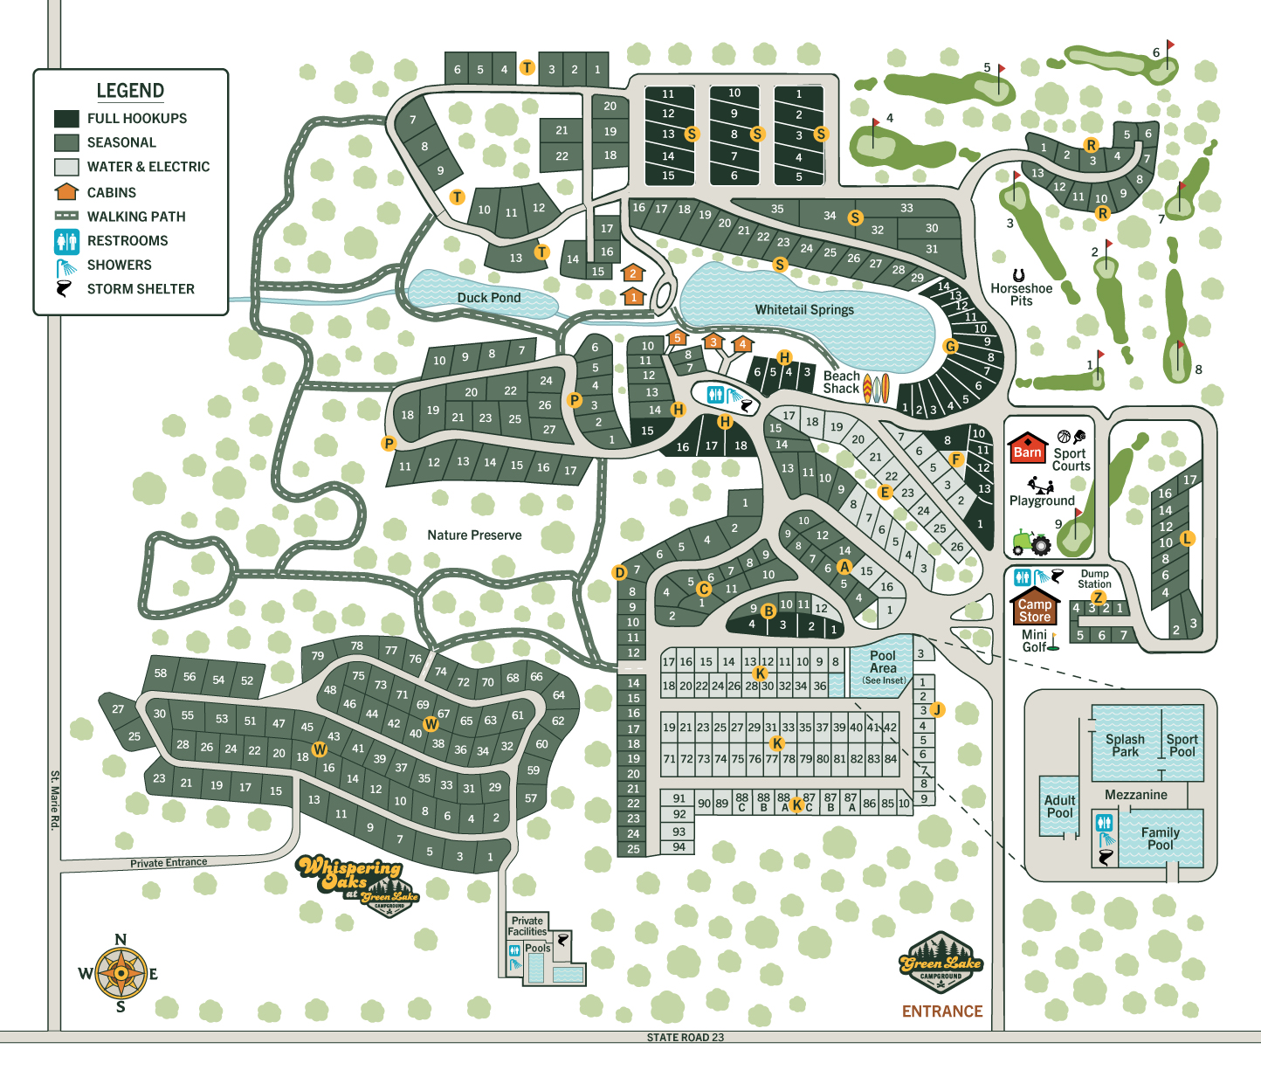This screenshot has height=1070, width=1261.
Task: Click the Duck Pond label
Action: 488,298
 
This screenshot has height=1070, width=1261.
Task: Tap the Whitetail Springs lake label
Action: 804,310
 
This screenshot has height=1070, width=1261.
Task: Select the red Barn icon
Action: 1027,447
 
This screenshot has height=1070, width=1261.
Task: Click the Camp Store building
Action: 1034,608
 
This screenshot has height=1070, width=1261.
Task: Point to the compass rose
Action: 121,973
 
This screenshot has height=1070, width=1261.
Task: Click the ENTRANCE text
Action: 941,1011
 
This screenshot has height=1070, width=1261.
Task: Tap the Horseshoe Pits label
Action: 1021,293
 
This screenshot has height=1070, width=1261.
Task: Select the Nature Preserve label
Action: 474,535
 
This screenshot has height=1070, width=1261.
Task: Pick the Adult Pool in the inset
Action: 1059,807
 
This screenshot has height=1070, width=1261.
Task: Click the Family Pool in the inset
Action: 1160,839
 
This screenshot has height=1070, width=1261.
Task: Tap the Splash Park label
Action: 1125,745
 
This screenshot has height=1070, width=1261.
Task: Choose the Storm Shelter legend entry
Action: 140,289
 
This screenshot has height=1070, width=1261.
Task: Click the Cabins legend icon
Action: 66,191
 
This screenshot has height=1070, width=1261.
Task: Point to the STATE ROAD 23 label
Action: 685,1038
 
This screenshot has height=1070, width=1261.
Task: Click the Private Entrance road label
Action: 169,863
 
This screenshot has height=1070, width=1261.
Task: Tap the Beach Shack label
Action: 841,383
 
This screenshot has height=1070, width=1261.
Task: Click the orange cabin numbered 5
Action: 677,338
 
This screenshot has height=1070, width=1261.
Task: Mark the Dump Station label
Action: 1094,579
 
